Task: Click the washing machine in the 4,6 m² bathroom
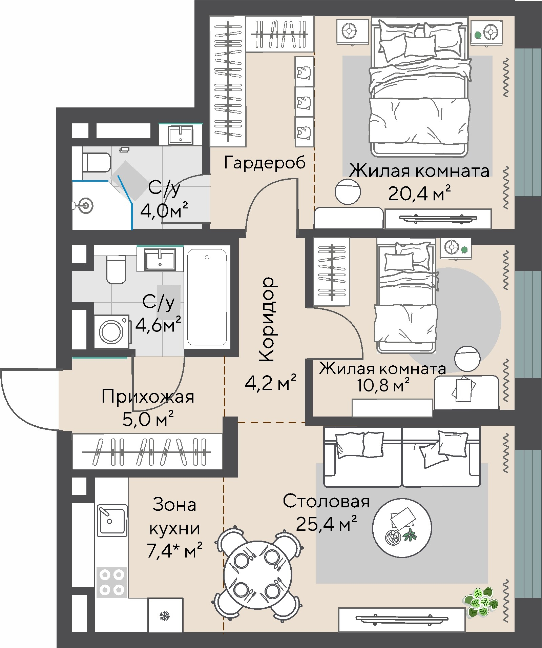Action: [x=111, y=331]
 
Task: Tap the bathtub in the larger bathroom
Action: [x=207, y=297]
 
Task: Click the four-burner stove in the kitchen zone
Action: [x=111, y=582]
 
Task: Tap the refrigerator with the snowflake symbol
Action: [x=165, y=615]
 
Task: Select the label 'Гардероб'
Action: [x=265, y=163]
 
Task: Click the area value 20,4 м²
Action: [x=419, y=194]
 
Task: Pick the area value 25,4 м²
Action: [x=326, y=524]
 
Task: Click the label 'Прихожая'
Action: [x=148, y=396]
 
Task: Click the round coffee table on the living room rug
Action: [x=402, y=528]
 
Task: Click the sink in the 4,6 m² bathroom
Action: [x=160, y=259]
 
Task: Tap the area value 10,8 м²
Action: [x=383, y=385]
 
